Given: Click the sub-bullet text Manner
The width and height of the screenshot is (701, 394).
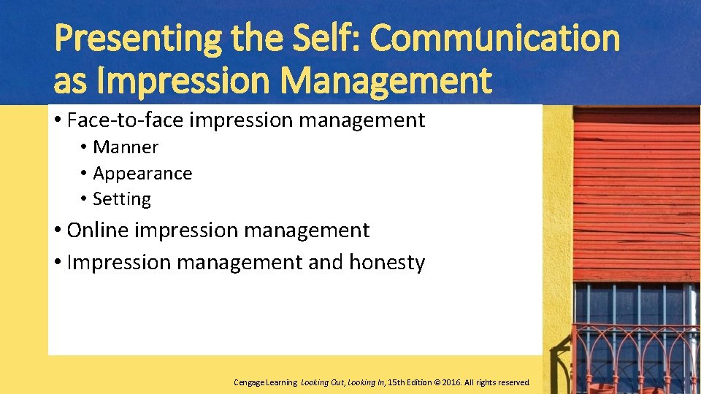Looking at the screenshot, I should [126, 147].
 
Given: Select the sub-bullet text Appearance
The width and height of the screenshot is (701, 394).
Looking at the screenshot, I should [142, 174].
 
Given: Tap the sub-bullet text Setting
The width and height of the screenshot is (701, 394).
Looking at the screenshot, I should [122, 199].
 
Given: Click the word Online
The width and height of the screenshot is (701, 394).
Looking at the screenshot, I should [97, 231].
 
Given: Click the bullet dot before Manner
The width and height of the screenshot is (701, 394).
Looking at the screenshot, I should [85, 148].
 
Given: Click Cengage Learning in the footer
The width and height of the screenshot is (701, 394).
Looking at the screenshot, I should [265, 382].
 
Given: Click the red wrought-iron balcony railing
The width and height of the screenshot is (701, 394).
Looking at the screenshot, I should [635, 358].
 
